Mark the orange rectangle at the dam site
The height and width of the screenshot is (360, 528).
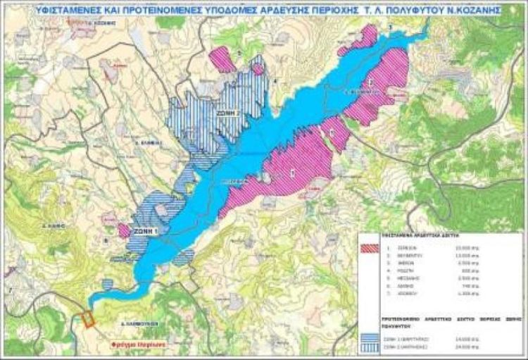click(89, 319)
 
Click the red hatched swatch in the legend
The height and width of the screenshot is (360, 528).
click(370, 248)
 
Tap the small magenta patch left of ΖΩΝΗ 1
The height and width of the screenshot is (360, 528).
click(124, 231)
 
